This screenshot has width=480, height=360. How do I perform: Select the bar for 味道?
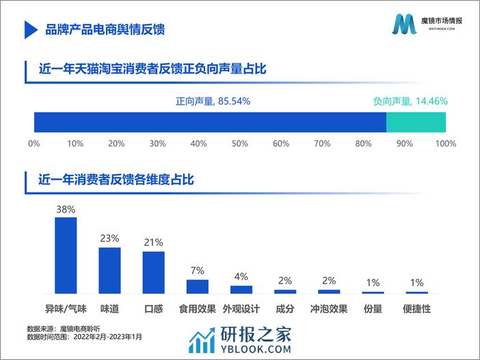click(x=109, y=271)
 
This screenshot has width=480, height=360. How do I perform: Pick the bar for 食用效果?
click(x=197, y=287)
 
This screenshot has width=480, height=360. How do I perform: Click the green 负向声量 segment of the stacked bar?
click(x=416, y=122)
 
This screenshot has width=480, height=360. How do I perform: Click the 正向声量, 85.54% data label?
click(x=213, y=101)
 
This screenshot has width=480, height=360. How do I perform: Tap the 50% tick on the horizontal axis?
click(x=240, y=143)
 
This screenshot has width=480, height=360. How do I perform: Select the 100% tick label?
click(x=445, y=143)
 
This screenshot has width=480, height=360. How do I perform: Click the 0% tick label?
click(x=34, y=143)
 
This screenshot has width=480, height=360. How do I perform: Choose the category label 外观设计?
click(x=241, y=309)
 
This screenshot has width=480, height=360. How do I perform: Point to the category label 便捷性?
click(x=416, y=309)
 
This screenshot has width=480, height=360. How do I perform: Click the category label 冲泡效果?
click(x=329, y=309)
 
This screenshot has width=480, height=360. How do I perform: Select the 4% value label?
click(x=241, y=277)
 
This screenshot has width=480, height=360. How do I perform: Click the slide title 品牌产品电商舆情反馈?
click(x=104, y=29)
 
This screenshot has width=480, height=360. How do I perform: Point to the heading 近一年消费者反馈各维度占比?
click(x=117, y=180)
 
